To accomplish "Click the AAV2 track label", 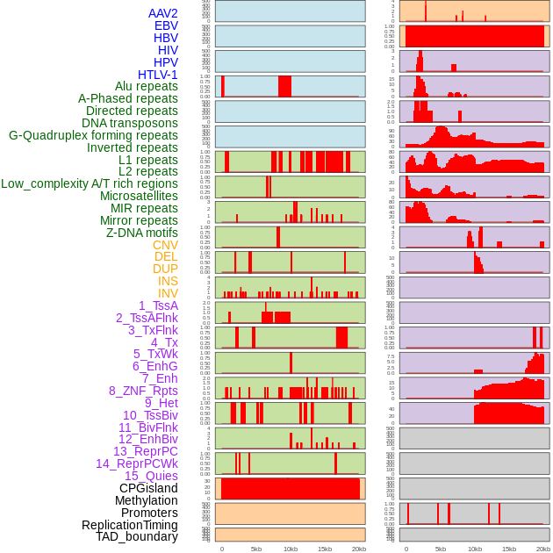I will (163, 13).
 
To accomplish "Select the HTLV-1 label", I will (158, 75).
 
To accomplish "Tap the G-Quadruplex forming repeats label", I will (93, 135).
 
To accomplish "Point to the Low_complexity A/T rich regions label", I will (90, 183).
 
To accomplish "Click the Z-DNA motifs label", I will (142, 233).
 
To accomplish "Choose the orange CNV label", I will (165, 245).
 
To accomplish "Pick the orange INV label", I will (168, 293).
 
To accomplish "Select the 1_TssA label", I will (158, 305).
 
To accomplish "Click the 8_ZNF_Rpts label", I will (143, 391).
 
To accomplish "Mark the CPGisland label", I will (148, 488).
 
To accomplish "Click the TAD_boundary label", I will (137, 536).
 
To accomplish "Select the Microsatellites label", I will (139, 196).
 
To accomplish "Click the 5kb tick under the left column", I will (256, 549).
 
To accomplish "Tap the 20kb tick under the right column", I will (543, 549).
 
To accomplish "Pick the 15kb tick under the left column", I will (325, 549).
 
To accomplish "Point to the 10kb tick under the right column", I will (475, 549).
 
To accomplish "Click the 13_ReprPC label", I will (145, 451).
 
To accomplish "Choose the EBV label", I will (166, 25).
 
